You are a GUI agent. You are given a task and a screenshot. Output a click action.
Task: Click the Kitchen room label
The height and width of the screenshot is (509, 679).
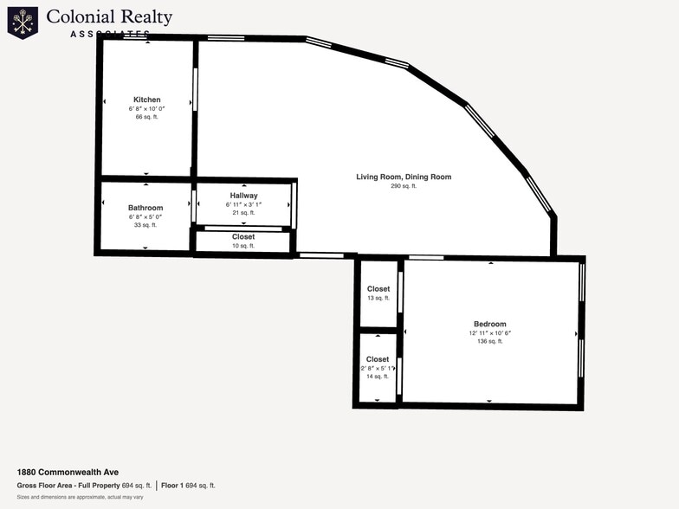point(147,100)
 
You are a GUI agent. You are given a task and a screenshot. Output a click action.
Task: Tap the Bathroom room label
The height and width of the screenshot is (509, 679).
point(145,208)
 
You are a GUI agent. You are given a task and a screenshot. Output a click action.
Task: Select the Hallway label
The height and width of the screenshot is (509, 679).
point(244,196)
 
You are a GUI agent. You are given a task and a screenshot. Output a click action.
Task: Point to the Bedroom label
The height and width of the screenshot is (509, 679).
point(490,324)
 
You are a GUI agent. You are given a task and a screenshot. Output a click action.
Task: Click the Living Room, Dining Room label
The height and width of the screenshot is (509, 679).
point(404,177)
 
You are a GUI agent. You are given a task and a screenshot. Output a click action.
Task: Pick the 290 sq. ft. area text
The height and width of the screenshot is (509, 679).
point(404,186)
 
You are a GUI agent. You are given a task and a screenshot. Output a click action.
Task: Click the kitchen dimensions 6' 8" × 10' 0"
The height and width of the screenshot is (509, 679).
point(147,109)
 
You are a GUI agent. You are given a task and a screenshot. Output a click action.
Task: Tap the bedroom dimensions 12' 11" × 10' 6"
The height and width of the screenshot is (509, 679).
point(490,333)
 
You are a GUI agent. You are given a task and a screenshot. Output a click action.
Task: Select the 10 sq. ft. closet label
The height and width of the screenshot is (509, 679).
point(243,246)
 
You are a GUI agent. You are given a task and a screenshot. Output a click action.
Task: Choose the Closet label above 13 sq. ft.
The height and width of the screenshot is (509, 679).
point(378,289)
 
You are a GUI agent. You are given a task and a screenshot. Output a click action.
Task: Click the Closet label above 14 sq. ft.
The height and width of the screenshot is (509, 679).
point(378,359)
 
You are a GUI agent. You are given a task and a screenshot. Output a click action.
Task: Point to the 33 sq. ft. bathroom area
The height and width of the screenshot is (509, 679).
point(145,225)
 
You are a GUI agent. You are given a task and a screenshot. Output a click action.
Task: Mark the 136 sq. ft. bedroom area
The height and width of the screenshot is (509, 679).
point(490,341)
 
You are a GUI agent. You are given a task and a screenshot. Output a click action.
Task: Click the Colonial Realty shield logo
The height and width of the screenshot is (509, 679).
point(23,23)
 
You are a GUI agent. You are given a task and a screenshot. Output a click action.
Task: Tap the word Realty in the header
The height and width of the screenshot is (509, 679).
point(146,17)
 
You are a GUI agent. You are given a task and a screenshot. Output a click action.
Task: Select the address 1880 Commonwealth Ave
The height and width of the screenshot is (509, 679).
point(68,473)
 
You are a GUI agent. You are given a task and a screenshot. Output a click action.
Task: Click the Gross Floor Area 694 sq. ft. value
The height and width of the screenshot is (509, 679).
point(137,486)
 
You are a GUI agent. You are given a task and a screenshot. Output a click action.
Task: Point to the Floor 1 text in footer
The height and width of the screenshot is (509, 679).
point(172,486)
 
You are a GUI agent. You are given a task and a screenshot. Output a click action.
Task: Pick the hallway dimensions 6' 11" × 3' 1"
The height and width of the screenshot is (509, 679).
point(244,204)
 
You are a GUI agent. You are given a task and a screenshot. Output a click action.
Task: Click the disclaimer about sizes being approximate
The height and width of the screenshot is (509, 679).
point(80,497)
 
